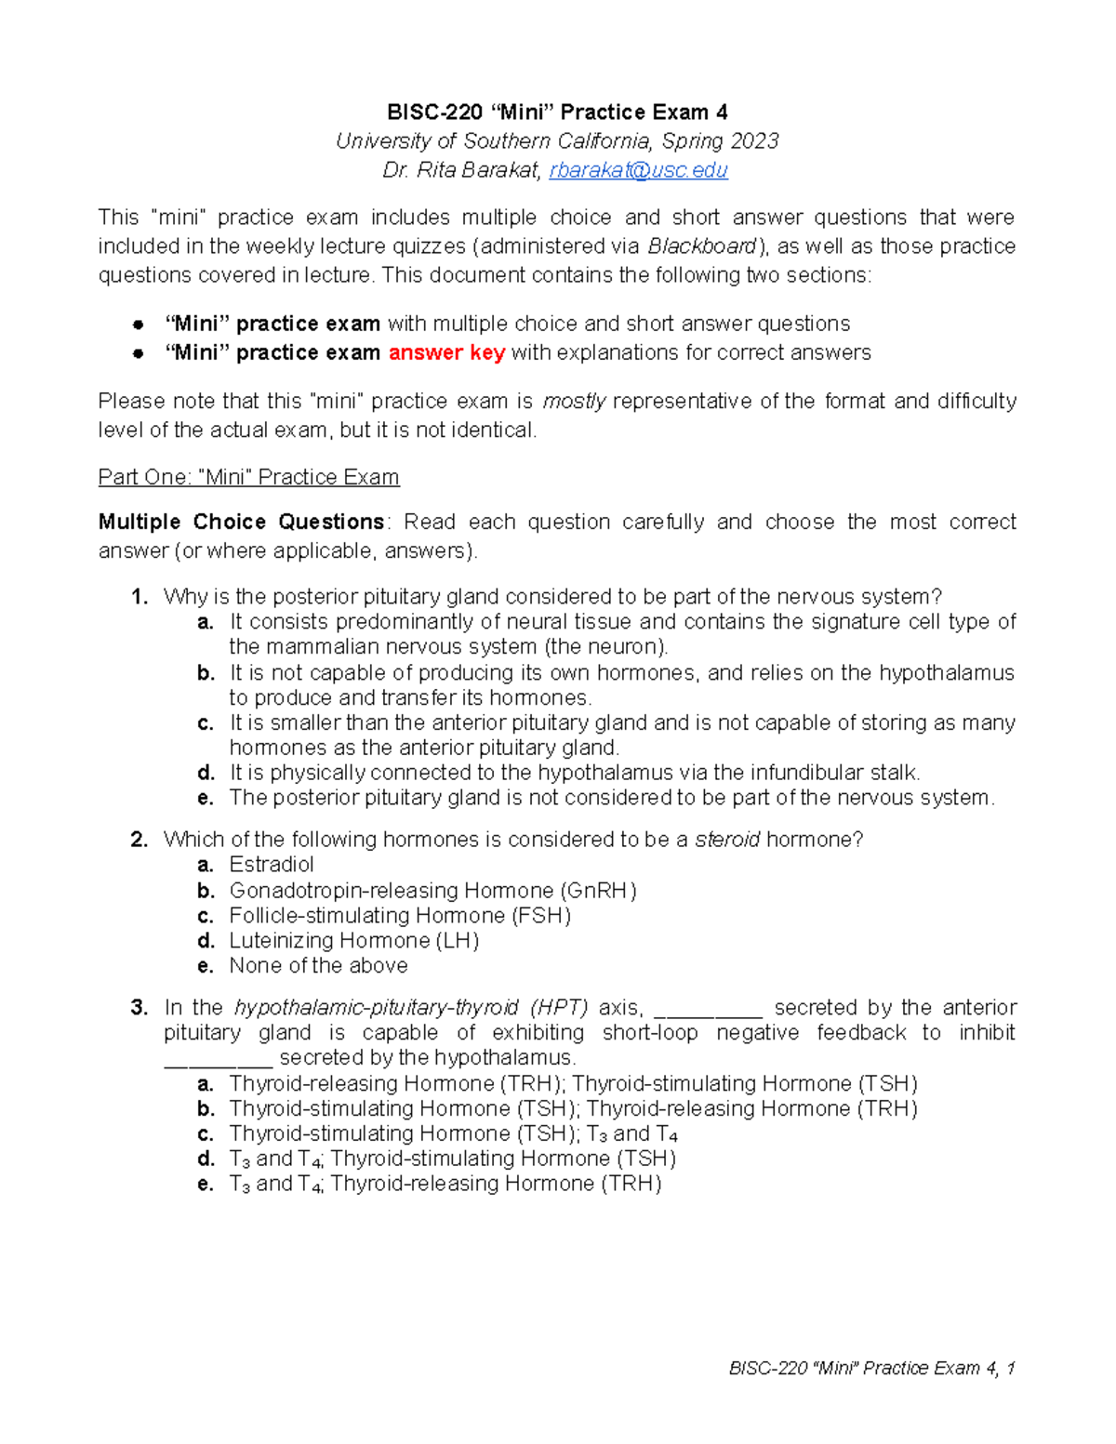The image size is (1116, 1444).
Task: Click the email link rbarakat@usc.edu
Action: coord(638,170)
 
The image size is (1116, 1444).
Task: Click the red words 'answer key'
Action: coord(446,352)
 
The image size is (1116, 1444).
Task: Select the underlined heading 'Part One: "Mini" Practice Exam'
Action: coord(248,477)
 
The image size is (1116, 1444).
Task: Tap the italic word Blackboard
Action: coord(702,246)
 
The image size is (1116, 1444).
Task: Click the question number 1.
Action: coord(139,597)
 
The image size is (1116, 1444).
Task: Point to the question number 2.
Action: coord(139,840)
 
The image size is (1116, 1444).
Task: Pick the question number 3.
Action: coord(139,1008)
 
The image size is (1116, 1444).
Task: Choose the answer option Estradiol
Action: coord(272,865)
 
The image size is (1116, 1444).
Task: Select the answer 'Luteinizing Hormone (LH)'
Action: coord(353,940)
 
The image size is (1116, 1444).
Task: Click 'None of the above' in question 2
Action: coord(318,965)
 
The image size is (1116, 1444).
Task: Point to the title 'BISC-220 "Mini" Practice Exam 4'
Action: coord(557,113)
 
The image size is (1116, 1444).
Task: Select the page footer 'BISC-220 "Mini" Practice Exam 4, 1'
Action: coord(871,1368)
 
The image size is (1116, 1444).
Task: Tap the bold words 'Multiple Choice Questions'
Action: coord(241,522)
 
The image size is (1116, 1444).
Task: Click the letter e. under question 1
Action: coord(206,798)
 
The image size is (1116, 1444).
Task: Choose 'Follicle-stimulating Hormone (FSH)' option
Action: coord(400,915)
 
